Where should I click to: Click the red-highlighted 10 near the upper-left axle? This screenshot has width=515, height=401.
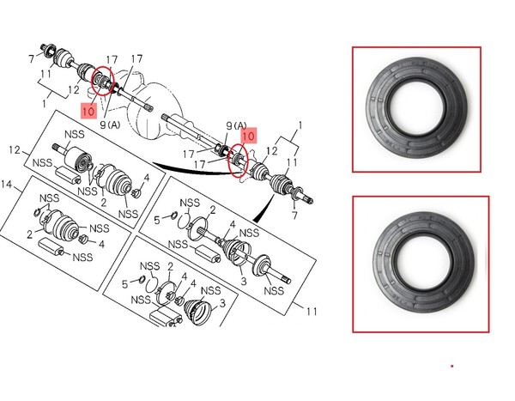pyautogui.click(x=88, y=111)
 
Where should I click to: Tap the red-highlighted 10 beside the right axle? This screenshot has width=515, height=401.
pyautogui.click(x=249, y=136)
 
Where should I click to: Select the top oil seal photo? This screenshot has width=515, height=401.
pyautogui.click(x=417, y=108)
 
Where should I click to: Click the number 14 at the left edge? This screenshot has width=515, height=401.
pyautogui.click(x=7, y=185)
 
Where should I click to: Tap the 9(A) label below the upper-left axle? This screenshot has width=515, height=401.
pyautogui.click(x=110, y=125)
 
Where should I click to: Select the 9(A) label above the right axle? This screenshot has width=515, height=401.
pyautogui.click(x=237, y=125)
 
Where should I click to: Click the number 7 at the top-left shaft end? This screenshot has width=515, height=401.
pyautogui.click(x=32, y=59)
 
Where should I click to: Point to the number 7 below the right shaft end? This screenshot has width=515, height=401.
pyautogui.click(x=294, y=216)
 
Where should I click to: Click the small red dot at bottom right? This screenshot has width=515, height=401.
pyautogui.click(x=452, y=366)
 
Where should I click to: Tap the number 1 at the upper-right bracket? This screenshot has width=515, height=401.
pyautogui.click(x=300, y=125)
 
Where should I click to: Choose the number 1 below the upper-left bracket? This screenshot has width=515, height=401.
pyautogui.click(x=45, y=104)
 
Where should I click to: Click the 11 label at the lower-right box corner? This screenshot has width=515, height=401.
pyautogui.click(x=312, y=311)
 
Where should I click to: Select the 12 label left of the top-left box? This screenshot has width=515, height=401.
pyautogui.click(x=15, y=150)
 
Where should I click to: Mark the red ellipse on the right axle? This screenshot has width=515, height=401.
pyautogui.click(x=239, y=160)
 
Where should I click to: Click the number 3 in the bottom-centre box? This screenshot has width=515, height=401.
pyautogui.click(x=222, y=303)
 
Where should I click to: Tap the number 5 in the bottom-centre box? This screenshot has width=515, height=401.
pyautogui.click(x=124, y=284)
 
